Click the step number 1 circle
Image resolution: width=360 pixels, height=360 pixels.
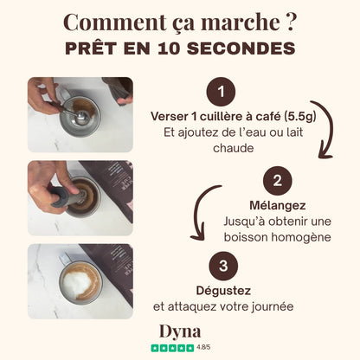coord(221,92)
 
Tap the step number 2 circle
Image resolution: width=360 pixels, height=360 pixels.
coord(278,181)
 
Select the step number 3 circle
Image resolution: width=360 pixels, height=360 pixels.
coord(223,266)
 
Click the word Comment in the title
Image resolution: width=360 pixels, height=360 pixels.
coord(115,22)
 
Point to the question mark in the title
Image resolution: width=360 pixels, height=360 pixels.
coord(291,22)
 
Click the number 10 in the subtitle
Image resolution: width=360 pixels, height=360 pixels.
coord(169,48)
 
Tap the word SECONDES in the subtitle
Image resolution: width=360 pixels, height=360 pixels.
coord(241,48)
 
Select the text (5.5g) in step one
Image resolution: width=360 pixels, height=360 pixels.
coord(300,117)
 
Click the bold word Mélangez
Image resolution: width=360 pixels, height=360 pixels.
coord(278,205)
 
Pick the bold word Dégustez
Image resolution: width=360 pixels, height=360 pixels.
coord(223,291)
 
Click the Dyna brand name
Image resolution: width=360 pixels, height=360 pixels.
coord(180,331)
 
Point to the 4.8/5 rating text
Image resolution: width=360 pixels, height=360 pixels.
coord(203,347)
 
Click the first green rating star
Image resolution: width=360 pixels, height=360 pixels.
coord(155,348)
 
